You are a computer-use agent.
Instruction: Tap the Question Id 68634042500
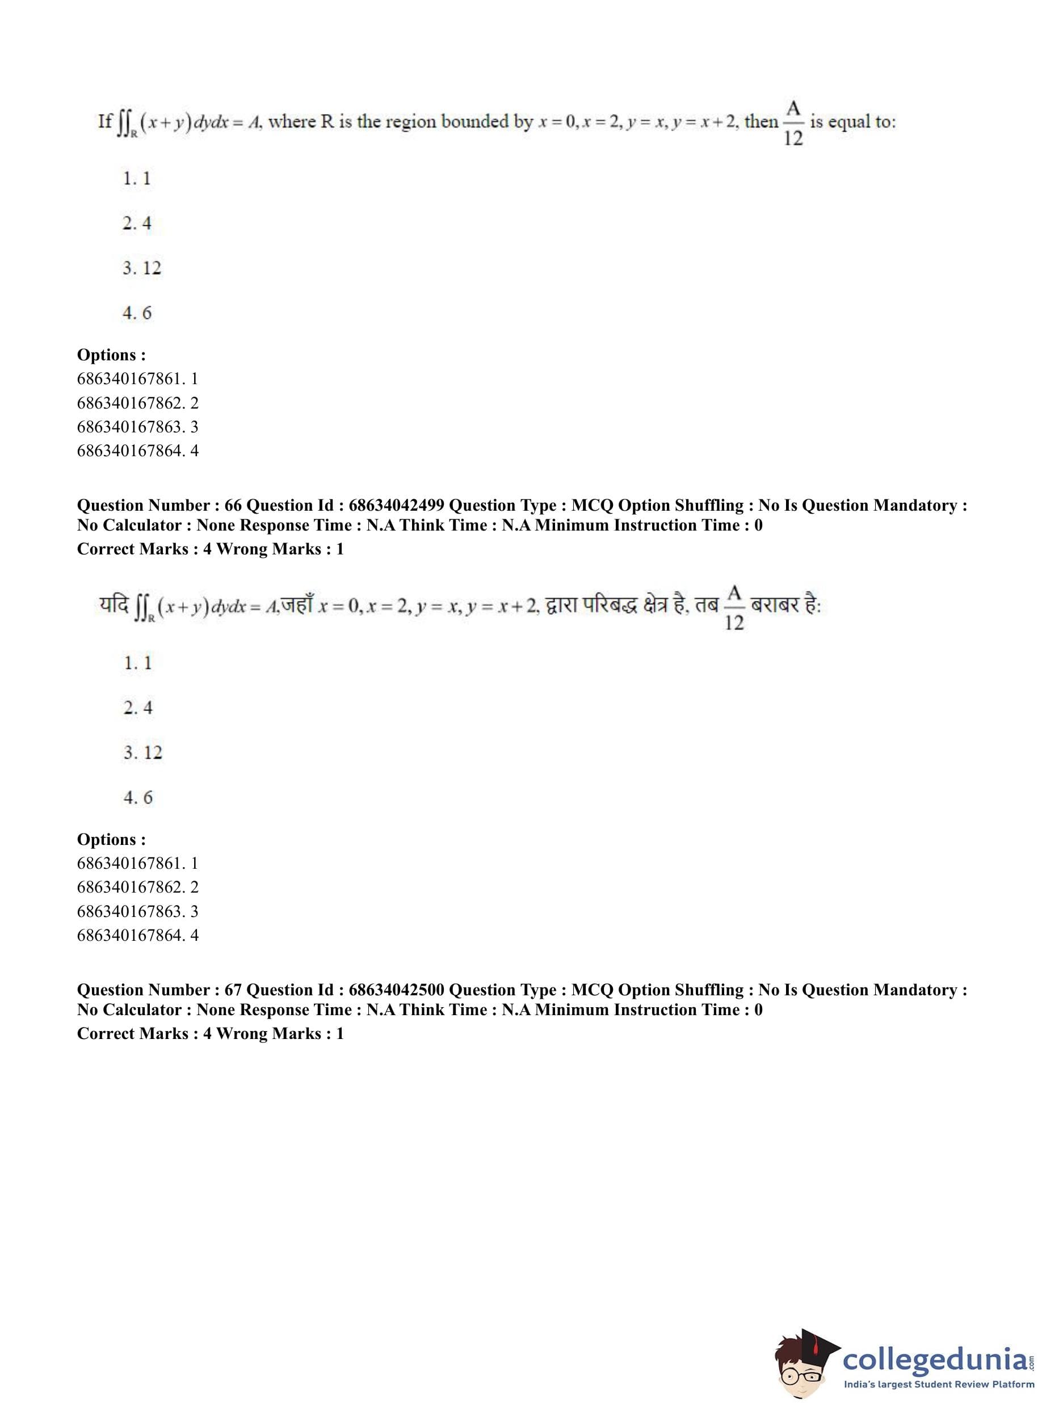click(x=397, y=990)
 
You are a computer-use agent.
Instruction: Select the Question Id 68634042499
click(x=397, y=505)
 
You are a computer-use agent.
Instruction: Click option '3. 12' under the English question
click(x=142, y=268)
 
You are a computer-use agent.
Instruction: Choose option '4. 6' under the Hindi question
click(x=138, y=797)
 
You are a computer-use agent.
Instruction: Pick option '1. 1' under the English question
click(x=137, y=179)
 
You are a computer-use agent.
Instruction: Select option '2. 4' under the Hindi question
click(x=138, y=708)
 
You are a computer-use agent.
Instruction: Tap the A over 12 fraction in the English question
click(x=793, y=124)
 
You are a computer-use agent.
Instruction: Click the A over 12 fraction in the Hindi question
click(x=734, y=608)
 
